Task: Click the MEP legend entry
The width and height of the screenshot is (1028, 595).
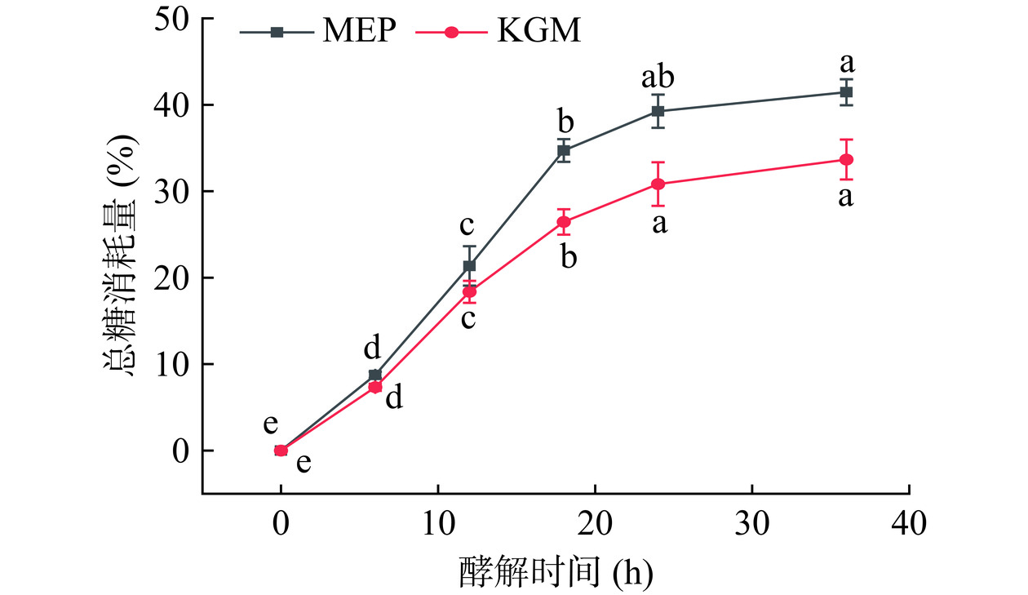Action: (319, 32)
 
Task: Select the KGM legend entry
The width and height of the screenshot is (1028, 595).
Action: (497, 32)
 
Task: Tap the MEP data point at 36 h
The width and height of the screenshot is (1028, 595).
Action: (846, 92)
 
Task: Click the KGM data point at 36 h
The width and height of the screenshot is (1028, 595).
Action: (846, 159)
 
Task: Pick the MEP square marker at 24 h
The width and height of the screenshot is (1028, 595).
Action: (658, 111)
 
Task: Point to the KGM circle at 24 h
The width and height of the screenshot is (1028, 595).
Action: (658, 184)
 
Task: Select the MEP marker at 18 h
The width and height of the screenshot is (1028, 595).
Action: (563, 150)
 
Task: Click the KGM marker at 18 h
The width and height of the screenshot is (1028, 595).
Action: (563, 221)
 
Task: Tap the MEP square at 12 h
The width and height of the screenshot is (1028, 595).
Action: (469, 266)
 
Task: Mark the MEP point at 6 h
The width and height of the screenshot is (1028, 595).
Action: (374, 375)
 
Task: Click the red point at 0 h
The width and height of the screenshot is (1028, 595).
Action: (281, 450)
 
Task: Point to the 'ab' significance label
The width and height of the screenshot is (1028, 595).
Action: (658, 78)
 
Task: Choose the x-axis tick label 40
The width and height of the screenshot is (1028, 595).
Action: (908, 522)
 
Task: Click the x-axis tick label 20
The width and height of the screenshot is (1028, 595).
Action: (595, 522)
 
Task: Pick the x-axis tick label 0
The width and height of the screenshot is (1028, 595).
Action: (281, 522)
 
